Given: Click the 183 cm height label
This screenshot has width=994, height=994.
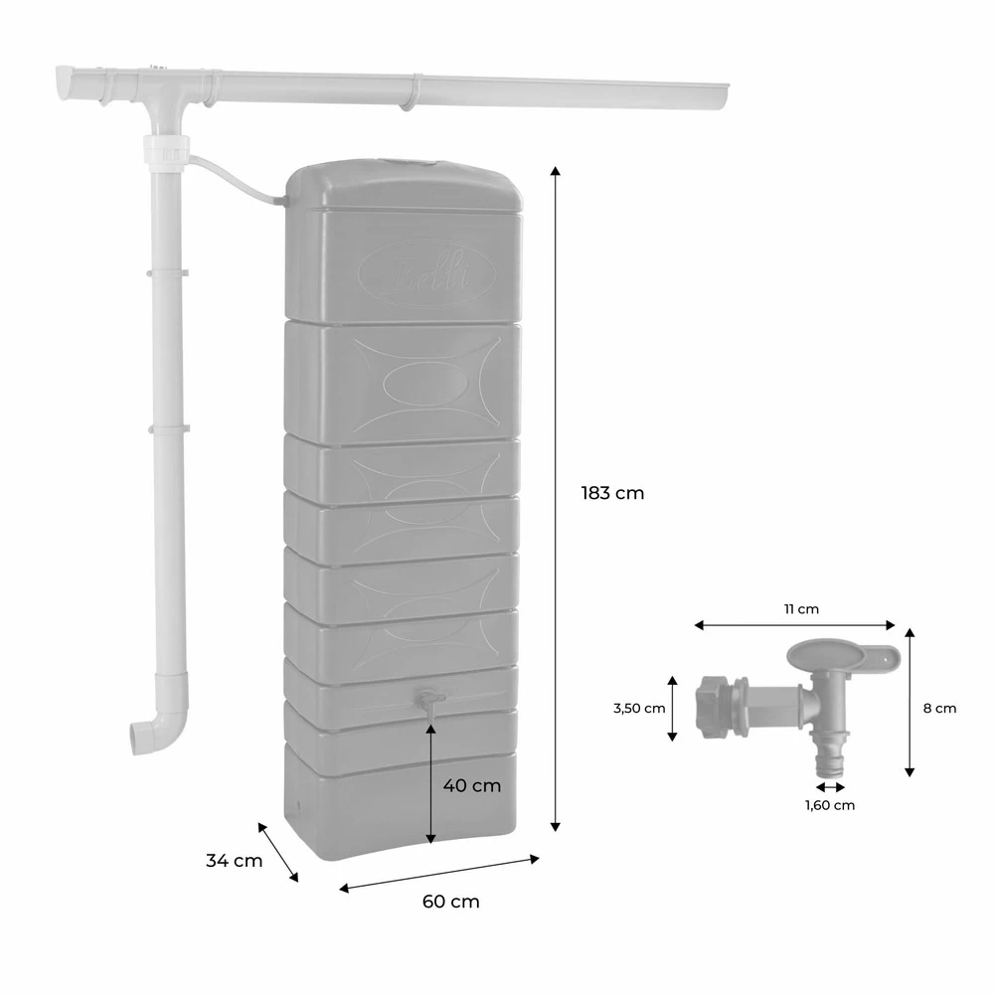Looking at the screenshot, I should click(x=612, y=493).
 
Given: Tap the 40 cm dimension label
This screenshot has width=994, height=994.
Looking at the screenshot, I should click(x=471, y=785).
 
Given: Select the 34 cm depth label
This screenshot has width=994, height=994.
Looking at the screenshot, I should click(x=235, y=861).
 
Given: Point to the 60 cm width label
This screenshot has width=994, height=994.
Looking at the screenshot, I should click(x=450, y=902).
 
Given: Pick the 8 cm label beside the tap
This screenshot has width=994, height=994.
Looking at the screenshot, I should click(x=939, y=709).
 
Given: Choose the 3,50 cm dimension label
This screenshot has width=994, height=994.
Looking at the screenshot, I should click(x=639, y=709).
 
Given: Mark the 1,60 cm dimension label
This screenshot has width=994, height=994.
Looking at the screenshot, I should click(x=829, y=805).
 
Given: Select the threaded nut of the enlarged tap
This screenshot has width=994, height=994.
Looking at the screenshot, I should click(x=713, y=707).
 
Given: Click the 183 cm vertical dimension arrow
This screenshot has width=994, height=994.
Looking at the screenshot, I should click(x=556, y=497).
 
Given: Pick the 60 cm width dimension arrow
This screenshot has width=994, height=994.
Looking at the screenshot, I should click(x=439, y=872).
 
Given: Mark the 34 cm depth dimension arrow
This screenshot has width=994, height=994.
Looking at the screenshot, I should click(x=278, y=851).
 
